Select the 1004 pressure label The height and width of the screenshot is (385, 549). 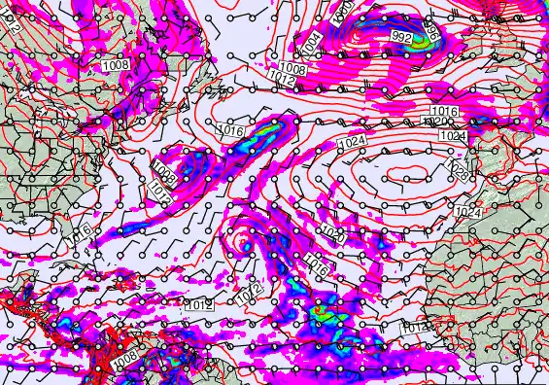(x=311, y=42)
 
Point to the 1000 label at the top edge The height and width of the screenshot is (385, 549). (x=342, y=10)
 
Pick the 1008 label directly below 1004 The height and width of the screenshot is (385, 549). (x=293, y=68)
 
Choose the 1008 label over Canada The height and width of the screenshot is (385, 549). (x=115, y=64)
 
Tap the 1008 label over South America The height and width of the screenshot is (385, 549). (x=124, y=360)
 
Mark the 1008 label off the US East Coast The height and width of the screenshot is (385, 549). (x=162, y=176)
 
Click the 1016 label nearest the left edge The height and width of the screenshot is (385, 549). (x=80, y=231)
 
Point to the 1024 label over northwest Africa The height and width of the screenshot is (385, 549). (x=468, y=211)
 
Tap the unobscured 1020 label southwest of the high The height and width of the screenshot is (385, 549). (x=332, y=235)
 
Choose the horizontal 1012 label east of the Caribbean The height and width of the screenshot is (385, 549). (x=198, y=305)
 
